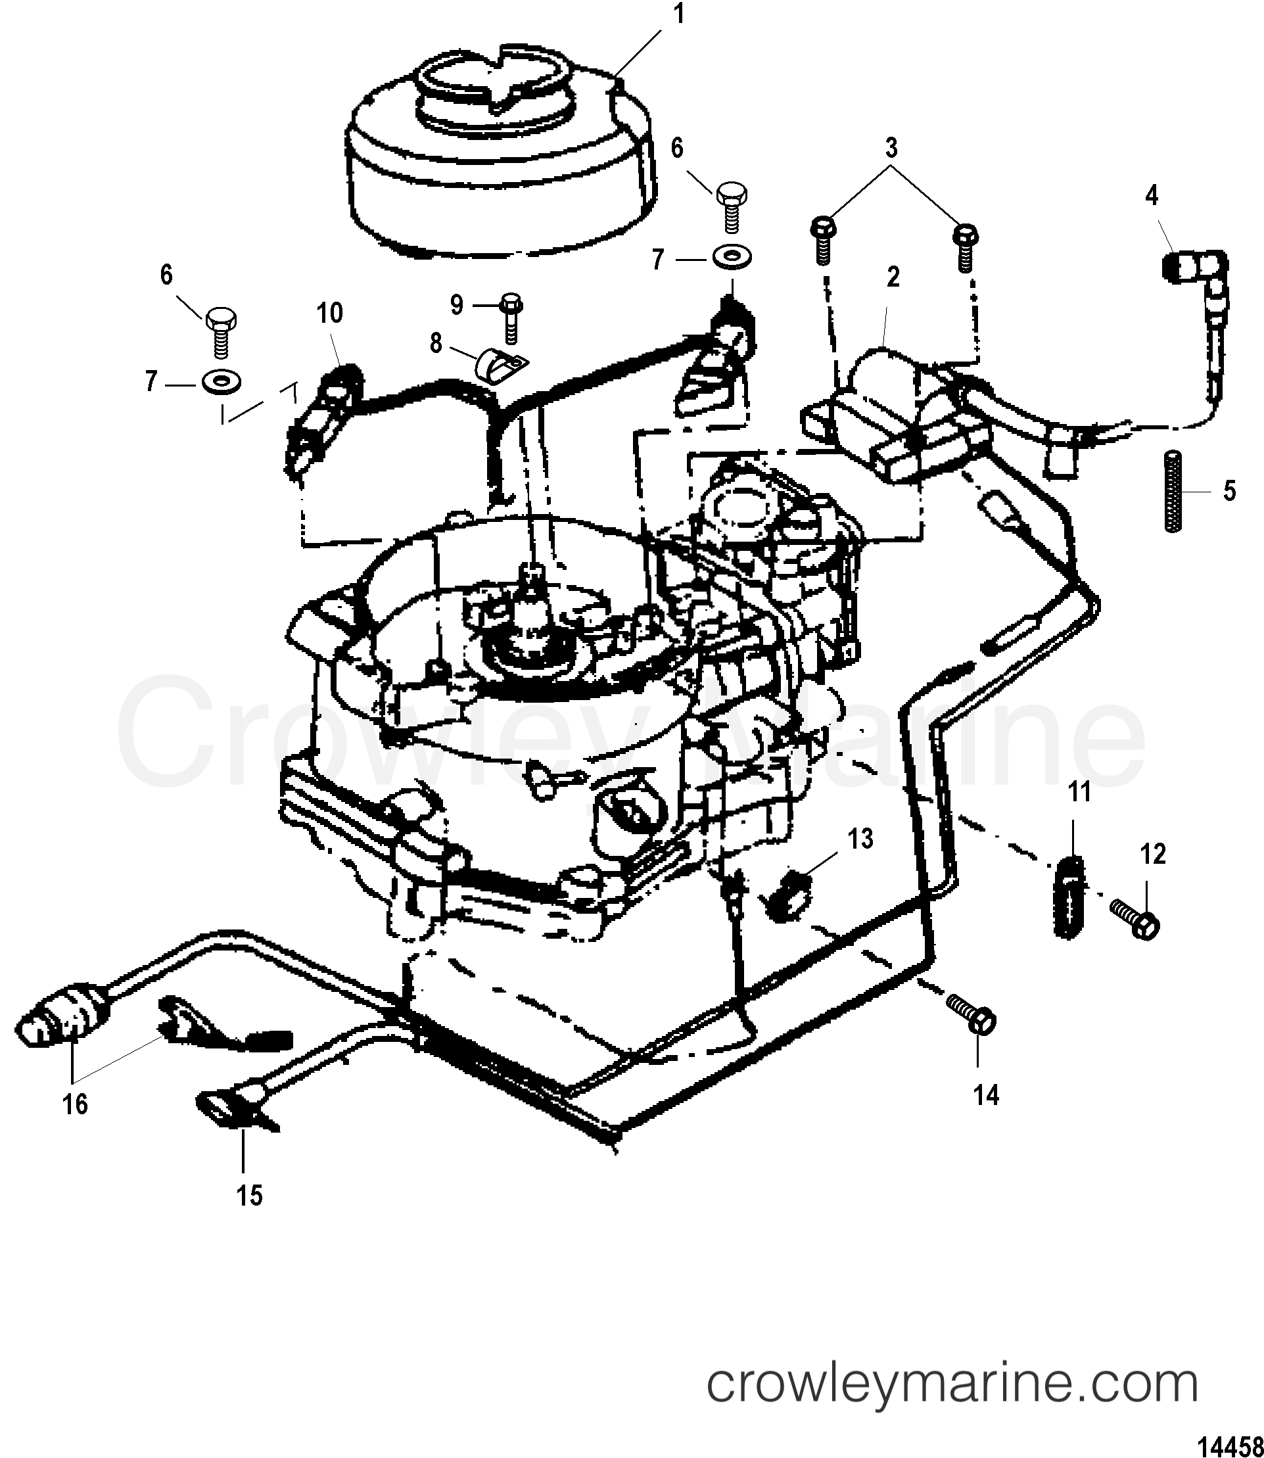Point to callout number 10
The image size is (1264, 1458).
[329, 312]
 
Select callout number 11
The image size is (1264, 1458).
[1079, 792]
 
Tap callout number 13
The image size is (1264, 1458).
[860, 839]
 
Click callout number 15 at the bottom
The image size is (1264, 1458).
[249, 1196]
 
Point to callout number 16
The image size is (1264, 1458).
[75, 1104]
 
